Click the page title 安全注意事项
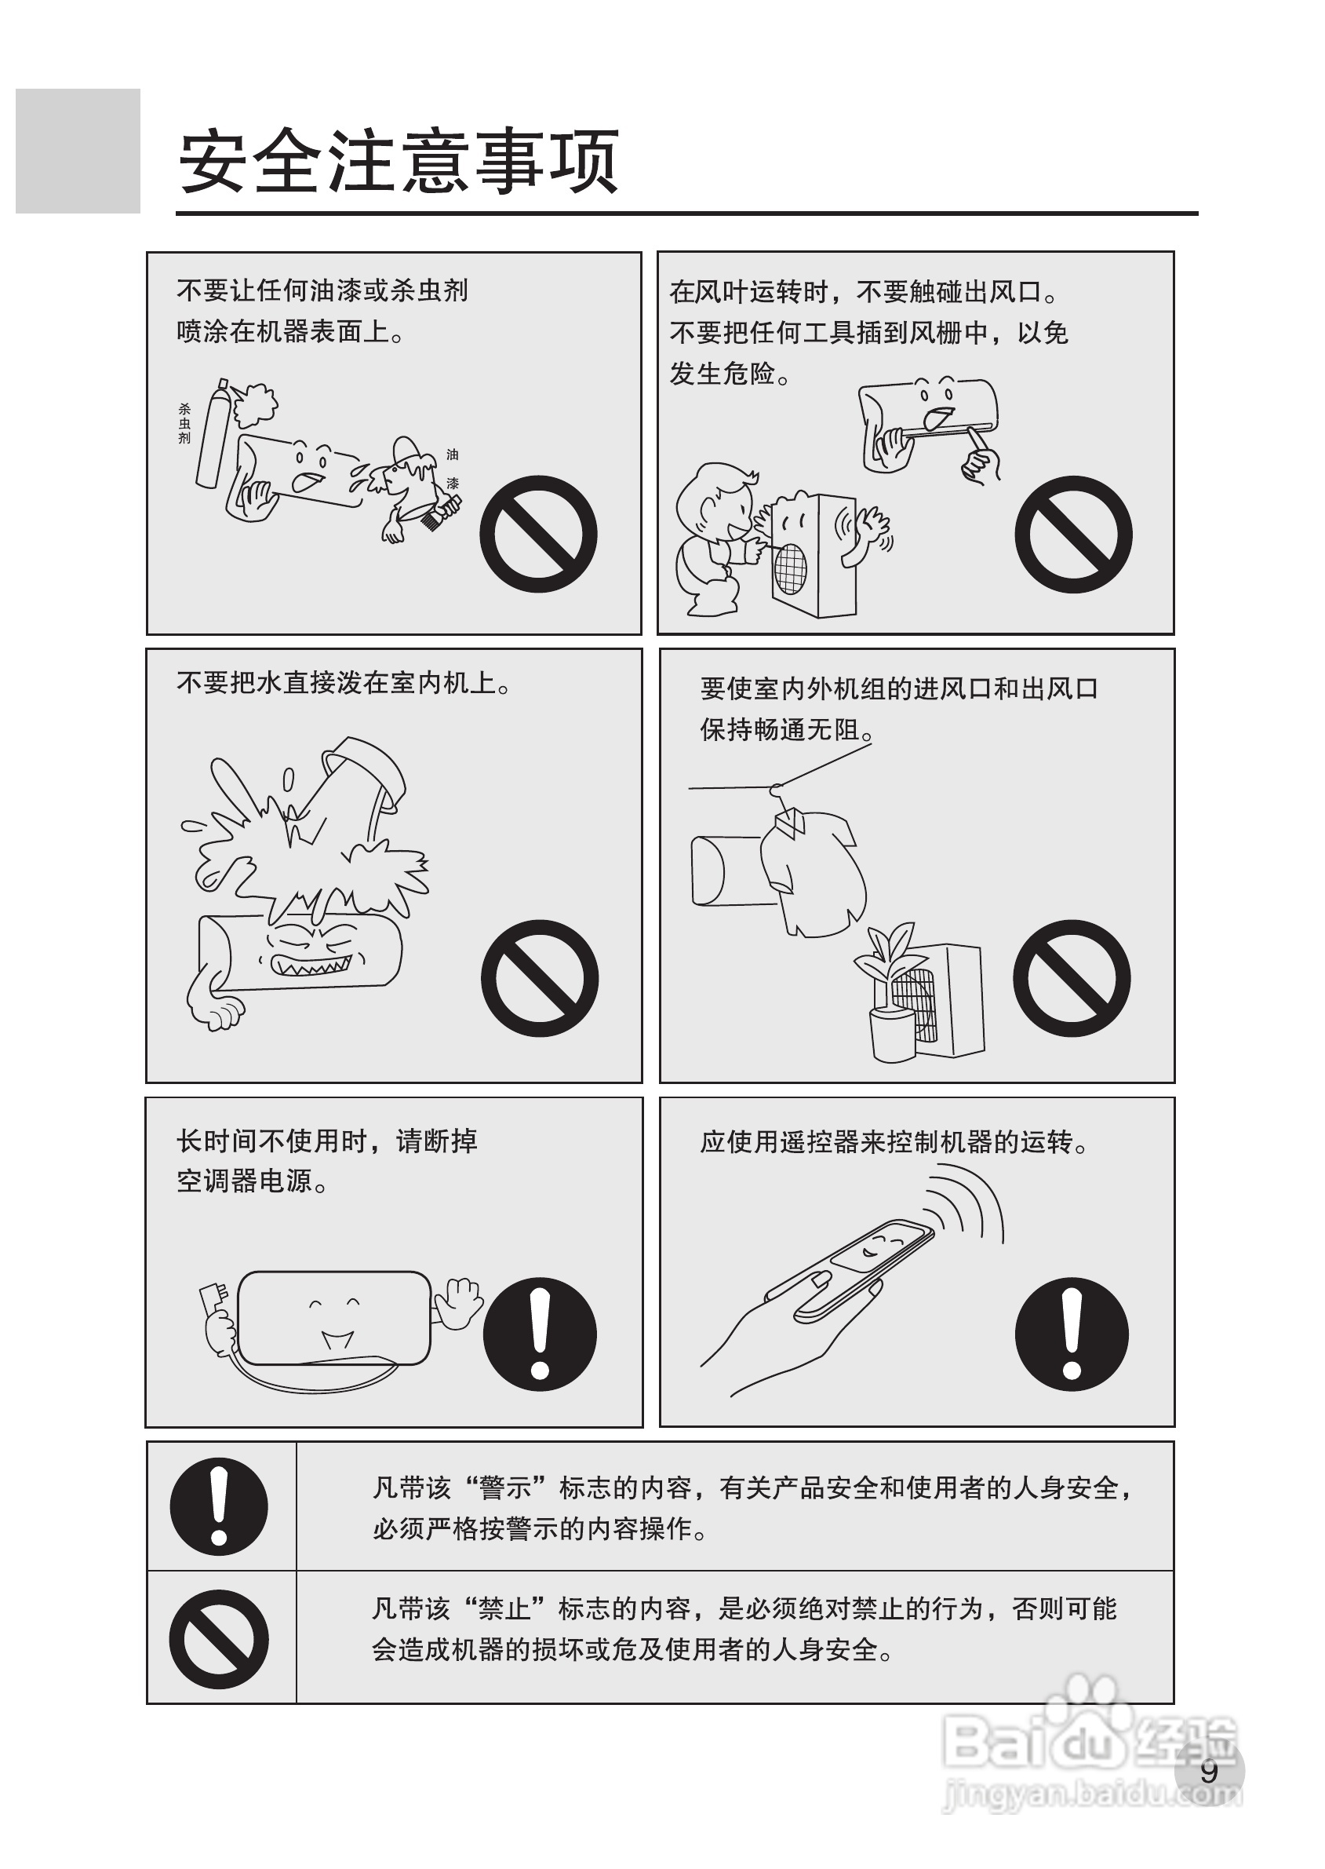(x=399, y=161)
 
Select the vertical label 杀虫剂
(x=184, y=424)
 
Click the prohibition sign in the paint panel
(x=538, y=534)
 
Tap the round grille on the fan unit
(x=791, y=568)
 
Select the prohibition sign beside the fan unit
(x=1074, y=534)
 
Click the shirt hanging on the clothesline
(x=813, y=874)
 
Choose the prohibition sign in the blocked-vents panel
(x=1072, y=979)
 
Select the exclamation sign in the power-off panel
(x=540, y=1335)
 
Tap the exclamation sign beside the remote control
(x=1072, y=1335)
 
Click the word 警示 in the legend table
(x=505, y=1488)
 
